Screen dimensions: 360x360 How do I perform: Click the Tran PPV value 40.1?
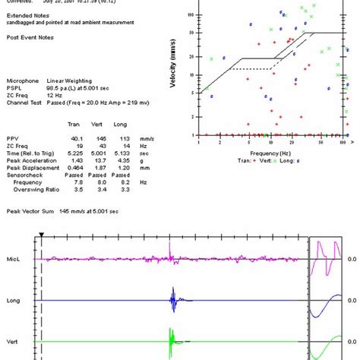click(x=77, y=137)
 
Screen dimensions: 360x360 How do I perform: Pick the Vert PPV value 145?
click(x=102, y=137)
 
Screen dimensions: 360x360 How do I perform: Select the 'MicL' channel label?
click(x=14, y=259)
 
